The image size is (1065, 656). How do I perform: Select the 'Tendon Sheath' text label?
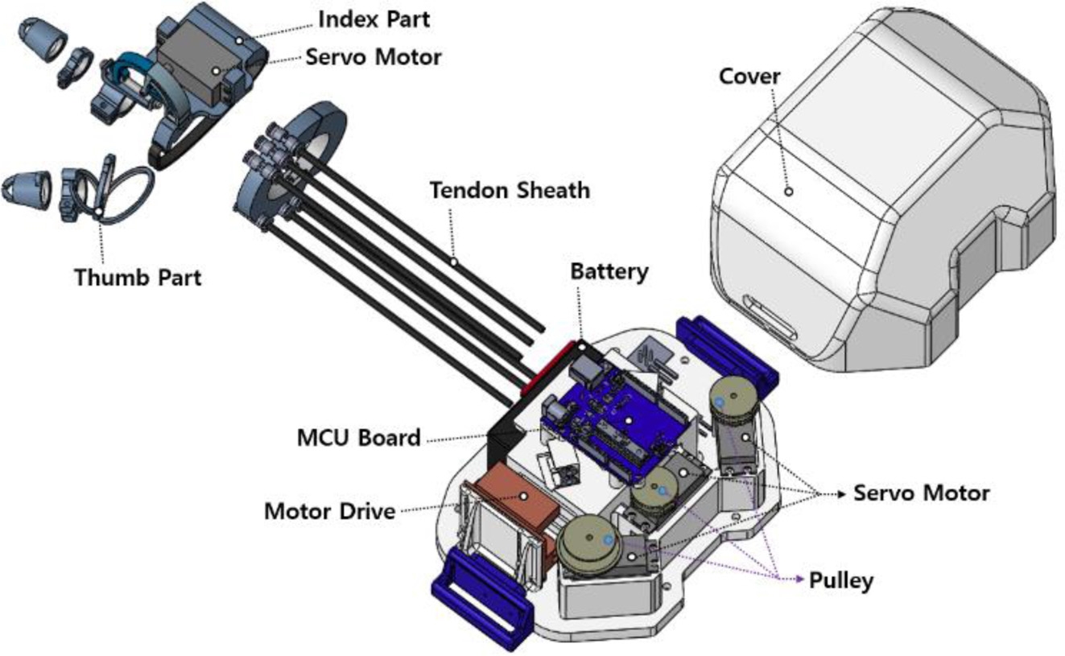[x=510, y=191]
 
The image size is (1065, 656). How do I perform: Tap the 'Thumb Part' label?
[x=138, y=278]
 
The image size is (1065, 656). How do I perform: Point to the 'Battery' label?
[x=609, y=271]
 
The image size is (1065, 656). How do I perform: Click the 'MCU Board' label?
[x=359, y=438]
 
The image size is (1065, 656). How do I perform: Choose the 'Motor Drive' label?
[x=330, y=510]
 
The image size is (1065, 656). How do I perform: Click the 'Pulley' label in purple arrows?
[x=840, y=580]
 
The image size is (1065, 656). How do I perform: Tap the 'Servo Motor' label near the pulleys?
[x=921, y=493]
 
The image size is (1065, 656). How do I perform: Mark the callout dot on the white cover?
[x=789, y=191]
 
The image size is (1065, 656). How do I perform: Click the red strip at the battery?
[x=547, y=366]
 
